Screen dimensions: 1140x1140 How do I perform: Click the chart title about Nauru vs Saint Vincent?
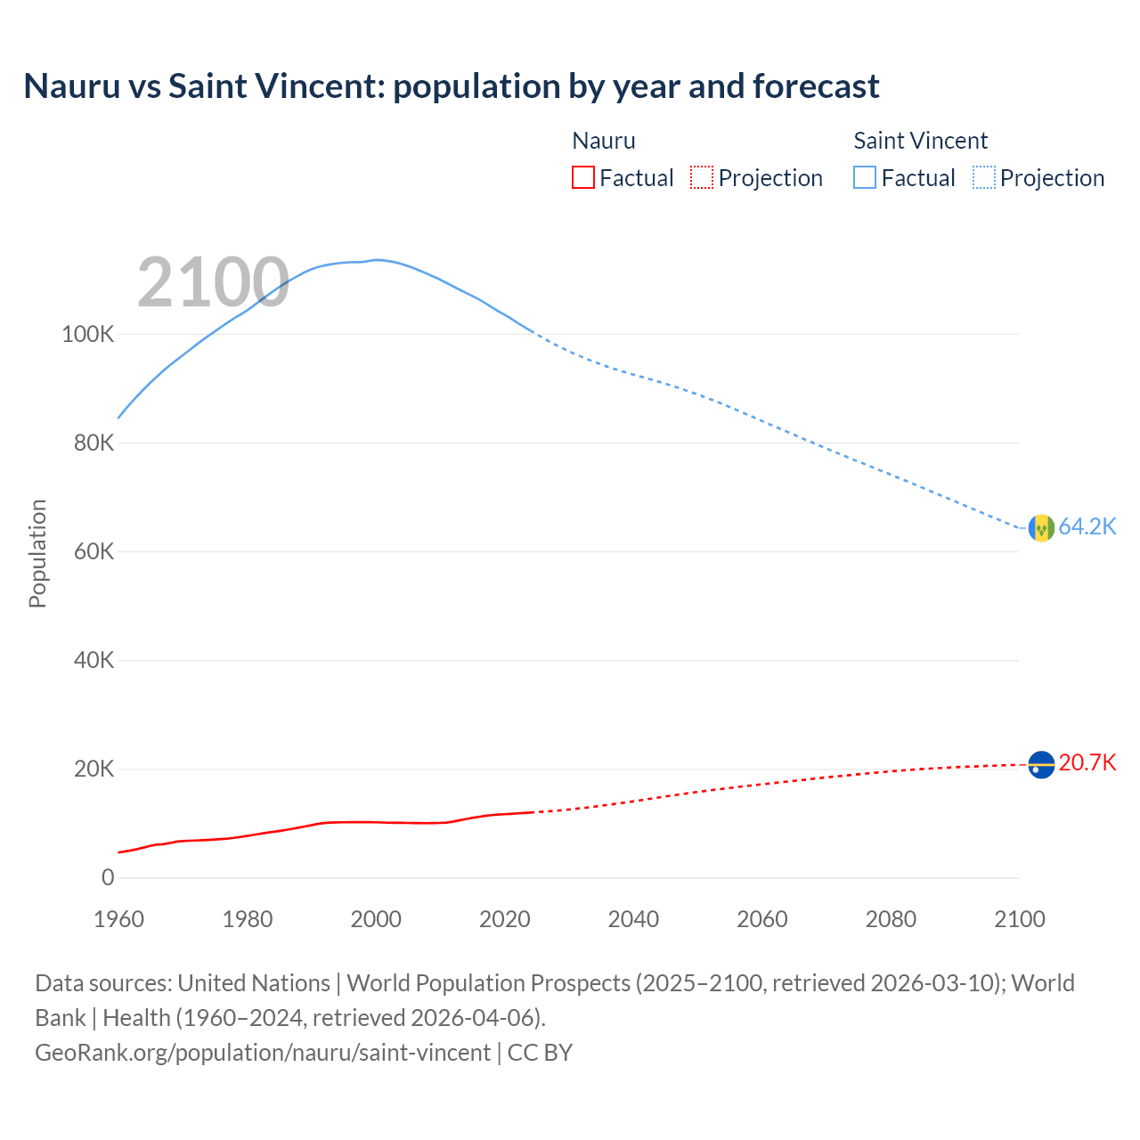[451, 86]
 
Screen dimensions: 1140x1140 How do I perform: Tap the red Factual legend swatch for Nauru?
[582, 177]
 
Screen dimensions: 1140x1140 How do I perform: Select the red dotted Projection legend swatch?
[702, 177]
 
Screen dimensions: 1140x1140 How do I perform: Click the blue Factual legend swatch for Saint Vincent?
[864, 177]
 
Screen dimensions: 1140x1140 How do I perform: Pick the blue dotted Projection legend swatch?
[983, 177]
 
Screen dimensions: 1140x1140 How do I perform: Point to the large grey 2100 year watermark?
[213, 282]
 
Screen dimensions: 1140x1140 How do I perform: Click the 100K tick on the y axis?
[88, 335]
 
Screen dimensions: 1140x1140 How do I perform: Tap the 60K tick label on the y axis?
[94, 552]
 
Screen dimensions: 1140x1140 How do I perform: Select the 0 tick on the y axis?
[108, 878]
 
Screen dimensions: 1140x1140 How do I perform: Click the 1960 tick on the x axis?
[118, 919]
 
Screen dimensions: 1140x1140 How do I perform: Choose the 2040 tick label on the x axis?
[633, 919]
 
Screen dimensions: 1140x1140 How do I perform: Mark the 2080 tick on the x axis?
[891, 919]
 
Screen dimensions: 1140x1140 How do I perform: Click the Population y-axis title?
[37, 553]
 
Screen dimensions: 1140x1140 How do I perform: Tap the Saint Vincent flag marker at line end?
[1041, 528]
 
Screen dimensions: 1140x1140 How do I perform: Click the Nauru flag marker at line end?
[1041, 764]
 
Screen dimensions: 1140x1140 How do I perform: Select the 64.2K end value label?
[1087, 527]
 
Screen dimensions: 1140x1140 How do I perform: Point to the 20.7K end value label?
[1087, 763]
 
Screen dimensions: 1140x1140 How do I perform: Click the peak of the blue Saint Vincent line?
[378, 260]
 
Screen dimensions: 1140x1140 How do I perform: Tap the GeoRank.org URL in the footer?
[263, 1053]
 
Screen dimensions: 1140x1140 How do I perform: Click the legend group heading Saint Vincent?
[920, 141]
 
